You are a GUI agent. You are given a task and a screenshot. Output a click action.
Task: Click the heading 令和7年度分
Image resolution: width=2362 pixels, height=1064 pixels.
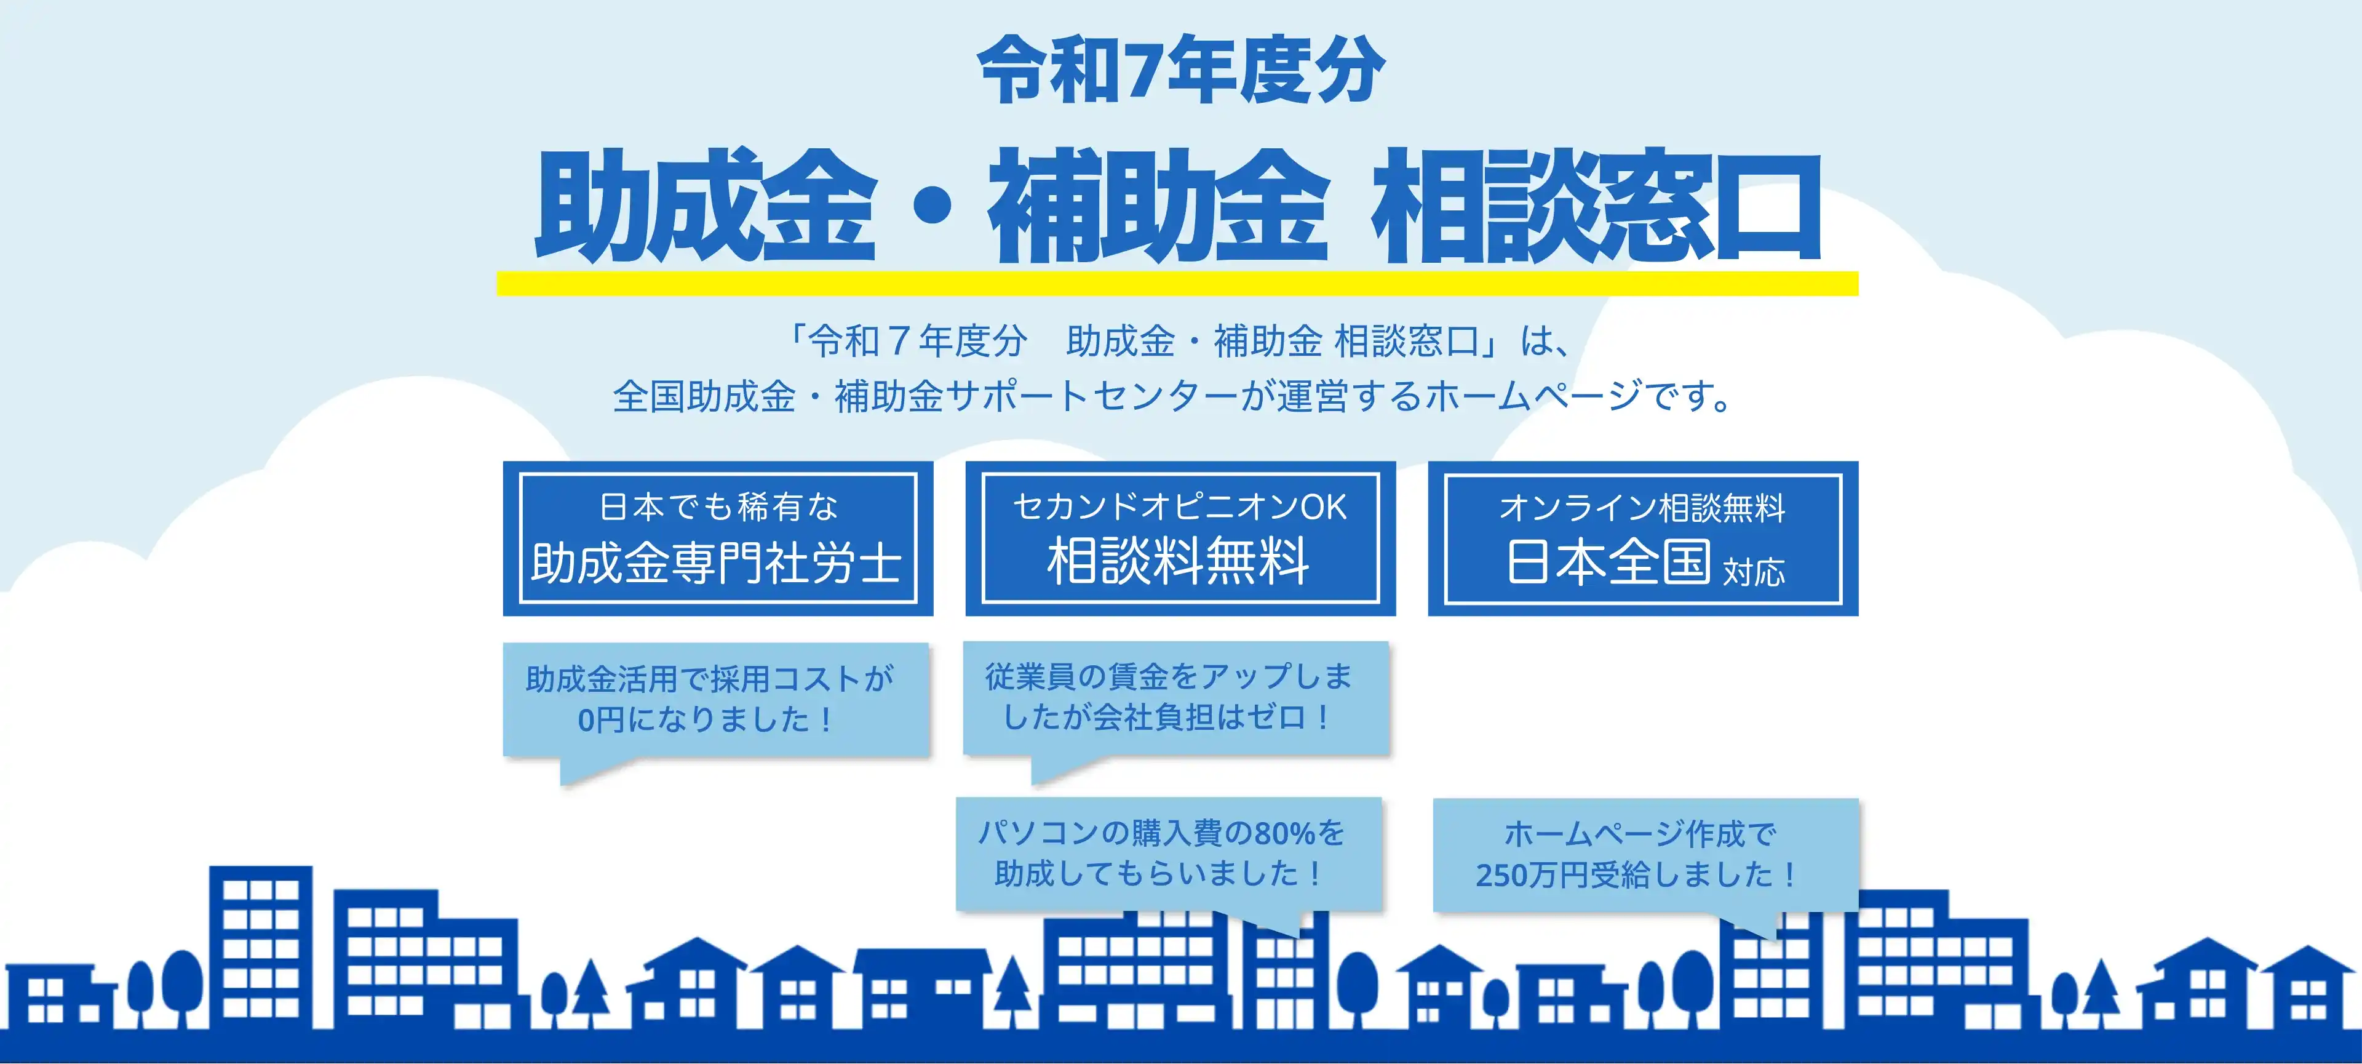1180,69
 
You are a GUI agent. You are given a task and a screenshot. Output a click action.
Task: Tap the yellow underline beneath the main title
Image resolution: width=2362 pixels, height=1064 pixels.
1177,284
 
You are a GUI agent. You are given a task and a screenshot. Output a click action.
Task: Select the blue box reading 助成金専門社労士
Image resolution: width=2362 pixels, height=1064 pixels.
718,538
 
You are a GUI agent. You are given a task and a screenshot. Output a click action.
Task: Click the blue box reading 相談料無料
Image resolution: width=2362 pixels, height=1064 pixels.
1180,538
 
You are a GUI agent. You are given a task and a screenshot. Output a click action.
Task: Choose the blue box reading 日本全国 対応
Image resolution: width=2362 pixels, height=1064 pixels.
1643,538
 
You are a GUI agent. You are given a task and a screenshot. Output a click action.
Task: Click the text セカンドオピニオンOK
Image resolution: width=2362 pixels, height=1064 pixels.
1180,507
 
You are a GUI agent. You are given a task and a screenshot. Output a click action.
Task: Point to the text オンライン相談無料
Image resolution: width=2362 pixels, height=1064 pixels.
1642,507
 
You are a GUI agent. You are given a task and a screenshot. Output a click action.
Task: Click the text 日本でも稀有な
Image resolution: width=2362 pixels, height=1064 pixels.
718,506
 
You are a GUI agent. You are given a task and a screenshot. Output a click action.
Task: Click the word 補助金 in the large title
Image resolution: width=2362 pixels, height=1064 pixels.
1157,206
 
